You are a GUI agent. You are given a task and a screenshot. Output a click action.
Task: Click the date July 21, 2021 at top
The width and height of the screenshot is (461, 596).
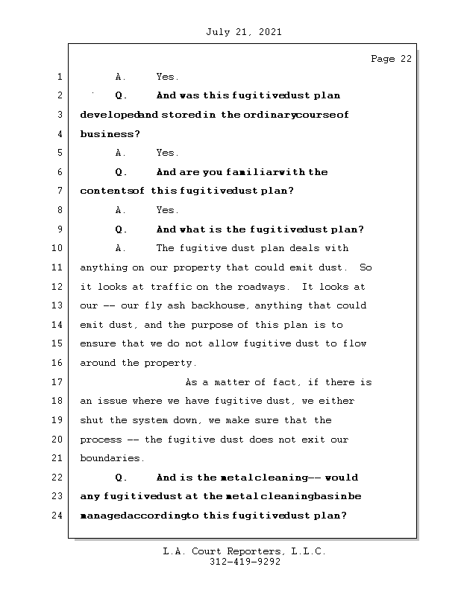point(242,32)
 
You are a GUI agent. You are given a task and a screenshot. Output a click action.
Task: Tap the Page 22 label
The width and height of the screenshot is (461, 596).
point(390,60)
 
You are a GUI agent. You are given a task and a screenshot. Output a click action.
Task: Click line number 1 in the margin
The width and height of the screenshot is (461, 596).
point(58,77)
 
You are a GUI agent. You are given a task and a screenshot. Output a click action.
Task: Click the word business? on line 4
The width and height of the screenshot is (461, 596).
point(110,134)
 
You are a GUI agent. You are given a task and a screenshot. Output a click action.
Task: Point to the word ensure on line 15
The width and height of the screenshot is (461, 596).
point(98,344)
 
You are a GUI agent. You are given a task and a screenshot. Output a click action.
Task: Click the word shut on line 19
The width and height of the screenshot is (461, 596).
point(92,420)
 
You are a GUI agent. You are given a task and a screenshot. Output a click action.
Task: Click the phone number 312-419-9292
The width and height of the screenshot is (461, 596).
point(245,562)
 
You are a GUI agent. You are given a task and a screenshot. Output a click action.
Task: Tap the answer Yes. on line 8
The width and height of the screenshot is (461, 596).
point(167,211)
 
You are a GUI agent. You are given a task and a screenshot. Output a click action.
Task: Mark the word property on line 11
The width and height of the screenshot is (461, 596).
point(223,267)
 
